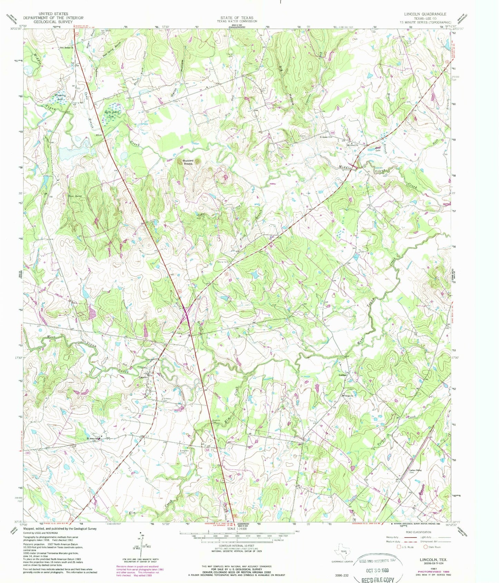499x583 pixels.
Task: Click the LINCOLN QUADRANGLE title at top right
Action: (x=425, y=14)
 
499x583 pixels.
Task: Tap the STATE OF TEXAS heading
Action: (x=237, y=18)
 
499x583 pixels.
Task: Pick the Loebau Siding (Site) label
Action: (x=415, y=471)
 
